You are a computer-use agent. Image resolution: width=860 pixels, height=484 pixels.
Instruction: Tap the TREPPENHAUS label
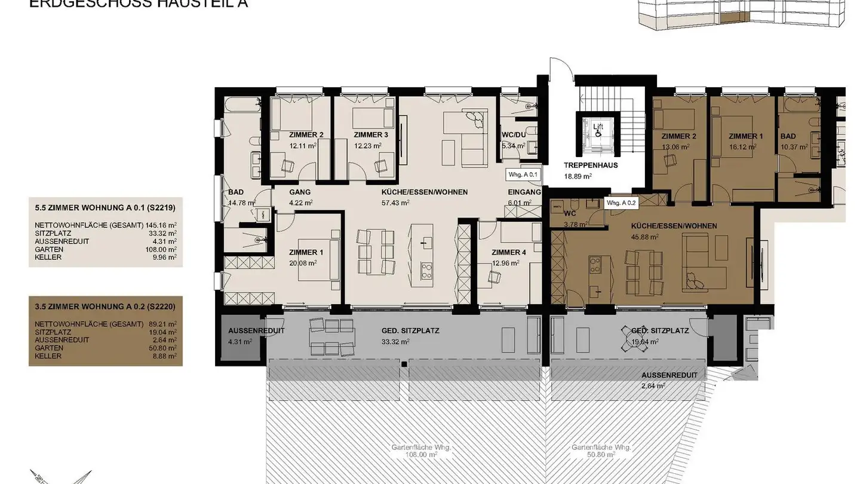click(x=591, y=166)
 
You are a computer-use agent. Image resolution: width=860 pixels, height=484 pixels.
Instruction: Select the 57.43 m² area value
click(x=396, y=203)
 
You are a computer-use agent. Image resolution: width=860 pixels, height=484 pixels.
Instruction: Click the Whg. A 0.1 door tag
click(x=523, y=175)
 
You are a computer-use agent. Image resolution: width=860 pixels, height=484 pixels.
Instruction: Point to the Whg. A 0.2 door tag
click(x=622, y=203)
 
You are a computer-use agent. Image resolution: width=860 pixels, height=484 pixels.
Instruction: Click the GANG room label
click(x=300, y=192)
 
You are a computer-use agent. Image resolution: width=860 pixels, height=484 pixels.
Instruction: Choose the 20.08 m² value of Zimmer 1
click(x=303, y=262)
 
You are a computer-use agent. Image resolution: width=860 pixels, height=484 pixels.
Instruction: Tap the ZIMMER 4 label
click(x=509, y=252)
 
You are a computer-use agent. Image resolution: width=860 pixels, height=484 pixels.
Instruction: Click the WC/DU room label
click(x=513, y=135)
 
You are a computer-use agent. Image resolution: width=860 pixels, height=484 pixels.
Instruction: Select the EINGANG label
click(x=524, y=192)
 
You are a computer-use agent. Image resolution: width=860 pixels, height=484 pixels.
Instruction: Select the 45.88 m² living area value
click(x=646, y=237)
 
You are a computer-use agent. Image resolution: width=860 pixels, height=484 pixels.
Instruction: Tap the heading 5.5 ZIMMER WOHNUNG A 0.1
click(x=105, y=209)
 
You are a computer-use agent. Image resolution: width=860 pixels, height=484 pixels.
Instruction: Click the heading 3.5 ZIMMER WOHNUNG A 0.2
click(x=105, y=308)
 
